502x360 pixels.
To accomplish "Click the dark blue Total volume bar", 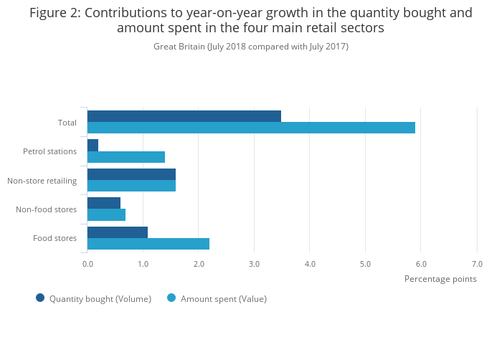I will (x=184, y=116).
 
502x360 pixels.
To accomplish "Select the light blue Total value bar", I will (x=251, y=128).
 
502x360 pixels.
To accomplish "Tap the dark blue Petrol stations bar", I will (x=93, y=145).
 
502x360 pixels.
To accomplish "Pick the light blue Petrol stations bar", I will (x=126, y=157).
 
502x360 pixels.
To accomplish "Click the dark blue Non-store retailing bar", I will (x=131, y=174).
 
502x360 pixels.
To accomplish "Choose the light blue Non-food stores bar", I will (x=106, y=214).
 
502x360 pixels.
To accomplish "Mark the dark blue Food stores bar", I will (x=118, y=232).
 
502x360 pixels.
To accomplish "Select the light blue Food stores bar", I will (x=148, y=244).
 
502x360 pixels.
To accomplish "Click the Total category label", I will (x=67, y=123).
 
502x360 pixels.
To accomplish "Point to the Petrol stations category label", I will (x=49, y=151).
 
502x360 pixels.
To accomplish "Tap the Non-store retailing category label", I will (x=42, y=181).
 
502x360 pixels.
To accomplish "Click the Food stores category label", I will (x=55, y=238).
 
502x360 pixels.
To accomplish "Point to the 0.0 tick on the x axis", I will (x=87, y=264).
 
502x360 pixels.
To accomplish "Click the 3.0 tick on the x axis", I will (x=254, y=264).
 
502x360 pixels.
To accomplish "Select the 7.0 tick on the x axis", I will (x=477, y=264).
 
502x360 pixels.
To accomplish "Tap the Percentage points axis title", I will (x=440, y=279).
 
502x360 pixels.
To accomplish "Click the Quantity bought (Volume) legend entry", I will (x=100, y=298).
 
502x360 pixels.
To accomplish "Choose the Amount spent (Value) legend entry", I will (x=223, y=298).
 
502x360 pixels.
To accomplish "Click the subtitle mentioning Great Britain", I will (x=251, y=47).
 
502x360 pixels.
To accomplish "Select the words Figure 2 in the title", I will (x=54, y=13).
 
